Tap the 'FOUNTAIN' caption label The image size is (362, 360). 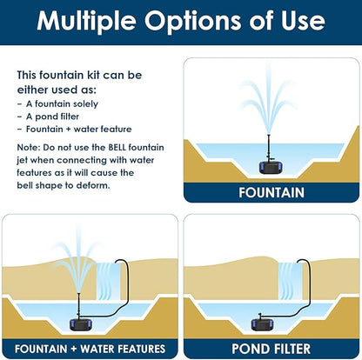[271, 192]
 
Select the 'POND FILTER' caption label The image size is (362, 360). [271, 348]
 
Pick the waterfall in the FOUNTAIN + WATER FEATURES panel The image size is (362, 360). [108, 280]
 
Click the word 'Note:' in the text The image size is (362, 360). [30, 148]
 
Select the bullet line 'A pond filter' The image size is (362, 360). [53, 116]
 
